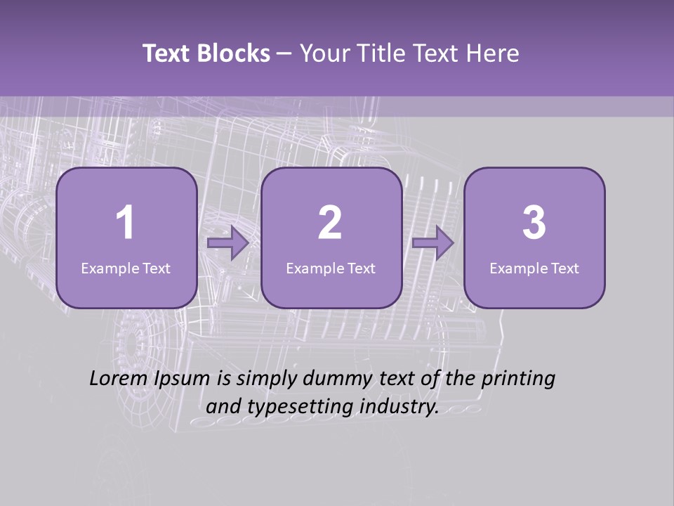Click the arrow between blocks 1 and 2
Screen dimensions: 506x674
point(228,244)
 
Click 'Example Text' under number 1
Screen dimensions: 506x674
point(126,268)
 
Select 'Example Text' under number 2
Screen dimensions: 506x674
point(331,268)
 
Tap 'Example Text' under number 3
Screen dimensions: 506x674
point(534,268)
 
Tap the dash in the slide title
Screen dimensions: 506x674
point(285,54)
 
